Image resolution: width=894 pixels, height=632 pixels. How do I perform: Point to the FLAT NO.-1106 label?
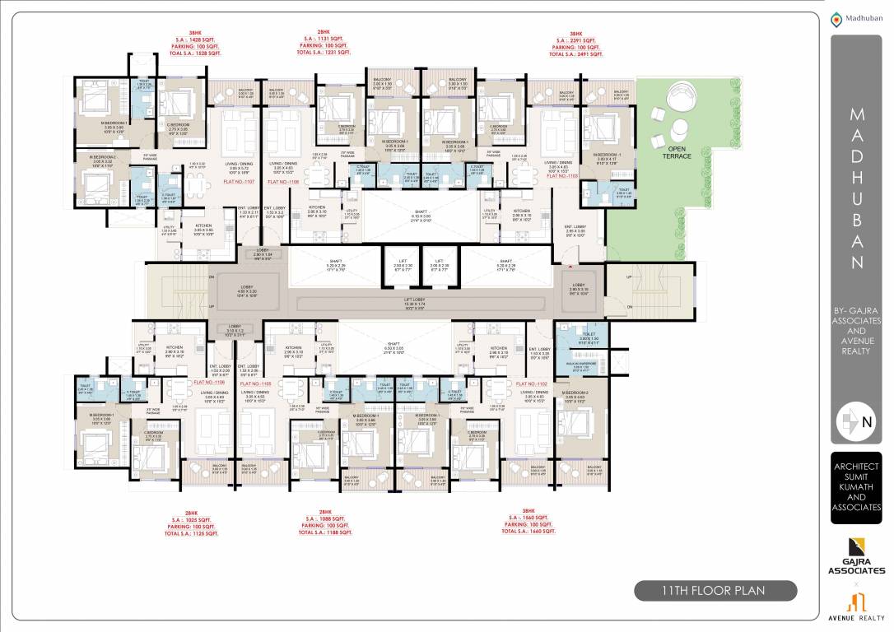pos(208,383)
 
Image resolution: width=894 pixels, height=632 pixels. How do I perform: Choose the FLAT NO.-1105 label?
pos(255,383)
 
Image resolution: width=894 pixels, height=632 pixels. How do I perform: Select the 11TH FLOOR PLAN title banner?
pos(715,590)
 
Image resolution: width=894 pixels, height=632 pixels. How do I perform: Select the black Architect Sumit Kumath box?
pos(856,487)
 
